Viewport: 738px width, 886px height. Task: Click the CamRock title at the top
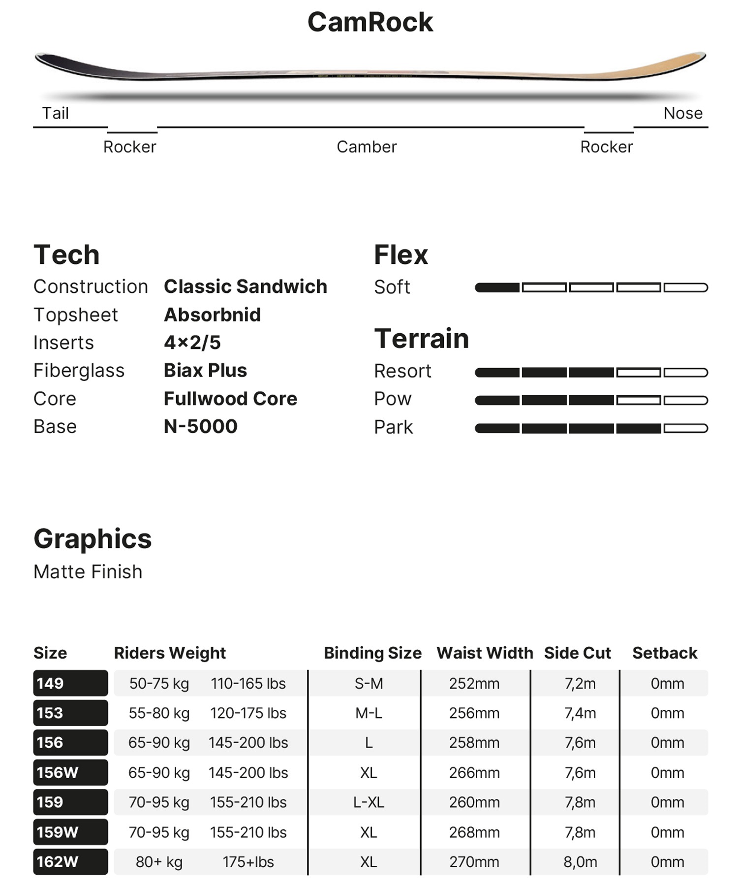coord(370,22)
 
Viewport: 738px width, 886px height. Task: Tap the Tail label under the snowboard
coord(55,113)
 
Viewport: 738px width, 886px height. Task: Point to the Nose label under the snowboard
coord(682,113)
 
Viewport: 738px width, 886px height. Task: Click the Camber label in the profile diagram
coord(367,147)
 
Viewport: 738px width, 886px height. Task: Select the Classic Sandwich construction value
coord(245,286)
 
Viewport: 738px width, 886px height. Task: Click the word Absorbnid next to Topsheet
coord(212,315)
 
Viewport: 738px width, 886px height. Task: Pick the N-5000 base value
coord(200,426)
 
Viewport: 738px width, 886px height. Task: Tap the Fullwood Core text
coord(230,399)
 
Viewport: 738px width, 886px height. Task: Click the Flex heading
coord(400,255)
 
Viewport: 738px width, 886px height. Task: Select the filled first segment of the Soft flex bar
coord(497,287)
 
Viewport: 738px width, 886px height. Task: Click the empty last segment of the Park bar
coord(685,428)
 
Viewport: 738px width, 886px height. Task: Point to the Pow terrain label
coord(392,399)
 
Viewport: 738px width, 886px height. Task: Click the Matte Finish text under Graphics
coord(88,572)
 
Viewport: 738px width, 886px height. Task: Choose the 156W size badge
coord(70,772)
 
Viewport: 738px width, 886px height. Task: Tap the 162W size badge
coord(70,862)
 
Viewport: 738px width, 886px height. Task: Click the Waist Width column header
coord(485,653)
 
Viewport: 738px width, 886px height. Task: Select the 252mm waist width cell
coord(474,684)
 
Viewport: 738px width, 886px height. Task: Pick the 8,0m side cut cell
coord(580,862)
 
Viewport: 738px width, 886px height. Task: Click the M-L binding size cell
coord(369,713)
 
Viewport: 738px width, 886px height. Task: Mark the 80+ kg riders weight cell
coord(159,862)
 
